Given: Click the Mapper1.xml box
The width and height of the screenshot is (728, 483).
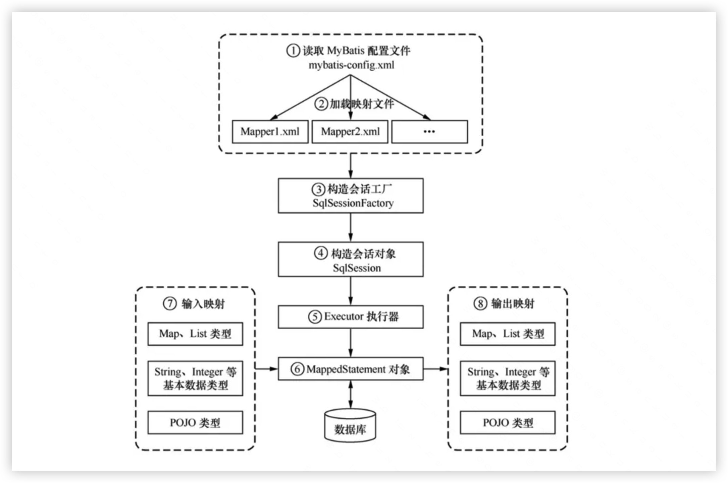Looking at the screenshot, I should point(270,132).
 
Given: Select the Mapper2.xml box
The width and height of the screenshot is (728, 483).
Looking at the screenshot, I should point(350,132).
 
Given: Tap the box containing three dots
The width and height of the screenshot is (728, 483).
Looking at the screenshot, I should point(429,132).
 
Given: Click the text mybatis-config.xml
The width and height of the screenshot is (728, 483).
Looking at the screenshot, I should point(351,65).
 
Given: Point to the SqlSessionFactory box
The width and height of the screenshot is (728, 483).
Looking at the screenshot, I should point(351,196).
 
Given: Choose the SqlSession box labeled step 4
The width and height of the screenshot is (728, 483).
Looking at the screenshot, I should point(351,260).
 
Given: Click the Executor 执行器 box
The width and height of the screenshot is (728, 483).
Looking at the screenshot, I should point(351,317).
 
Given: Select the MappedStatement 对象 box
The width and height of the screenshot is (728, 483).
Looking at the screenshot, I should point(351,369).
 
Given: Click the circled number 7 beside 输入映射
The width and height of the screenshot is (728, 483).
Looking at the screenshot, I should point(170,304).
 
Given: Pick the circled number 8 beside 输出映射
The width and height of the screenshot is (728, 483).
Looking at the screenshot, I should point(480,304).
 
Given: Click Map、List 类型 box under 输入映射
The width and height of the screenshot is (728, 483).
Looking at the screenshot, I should point(195,334).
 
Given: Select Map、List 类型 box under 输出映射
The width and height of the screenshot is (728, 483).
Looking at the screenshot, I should point(508,334).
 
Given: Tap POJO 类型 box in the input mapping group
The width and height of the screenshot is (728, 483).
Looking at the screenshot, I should point(195,423).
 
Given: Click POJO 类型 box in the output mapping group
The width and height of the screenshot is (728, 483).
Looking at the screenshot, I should point(508,423).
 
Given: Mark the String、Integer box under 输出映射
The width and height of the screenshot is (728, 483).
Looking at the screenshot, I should point(508,378).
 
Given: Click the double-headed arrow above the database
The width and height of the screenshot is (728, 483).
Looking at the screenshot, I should point(351,394).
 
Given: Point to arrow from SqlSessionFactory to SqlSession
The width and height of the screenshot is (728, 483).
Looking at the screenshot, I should point(351,227).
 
